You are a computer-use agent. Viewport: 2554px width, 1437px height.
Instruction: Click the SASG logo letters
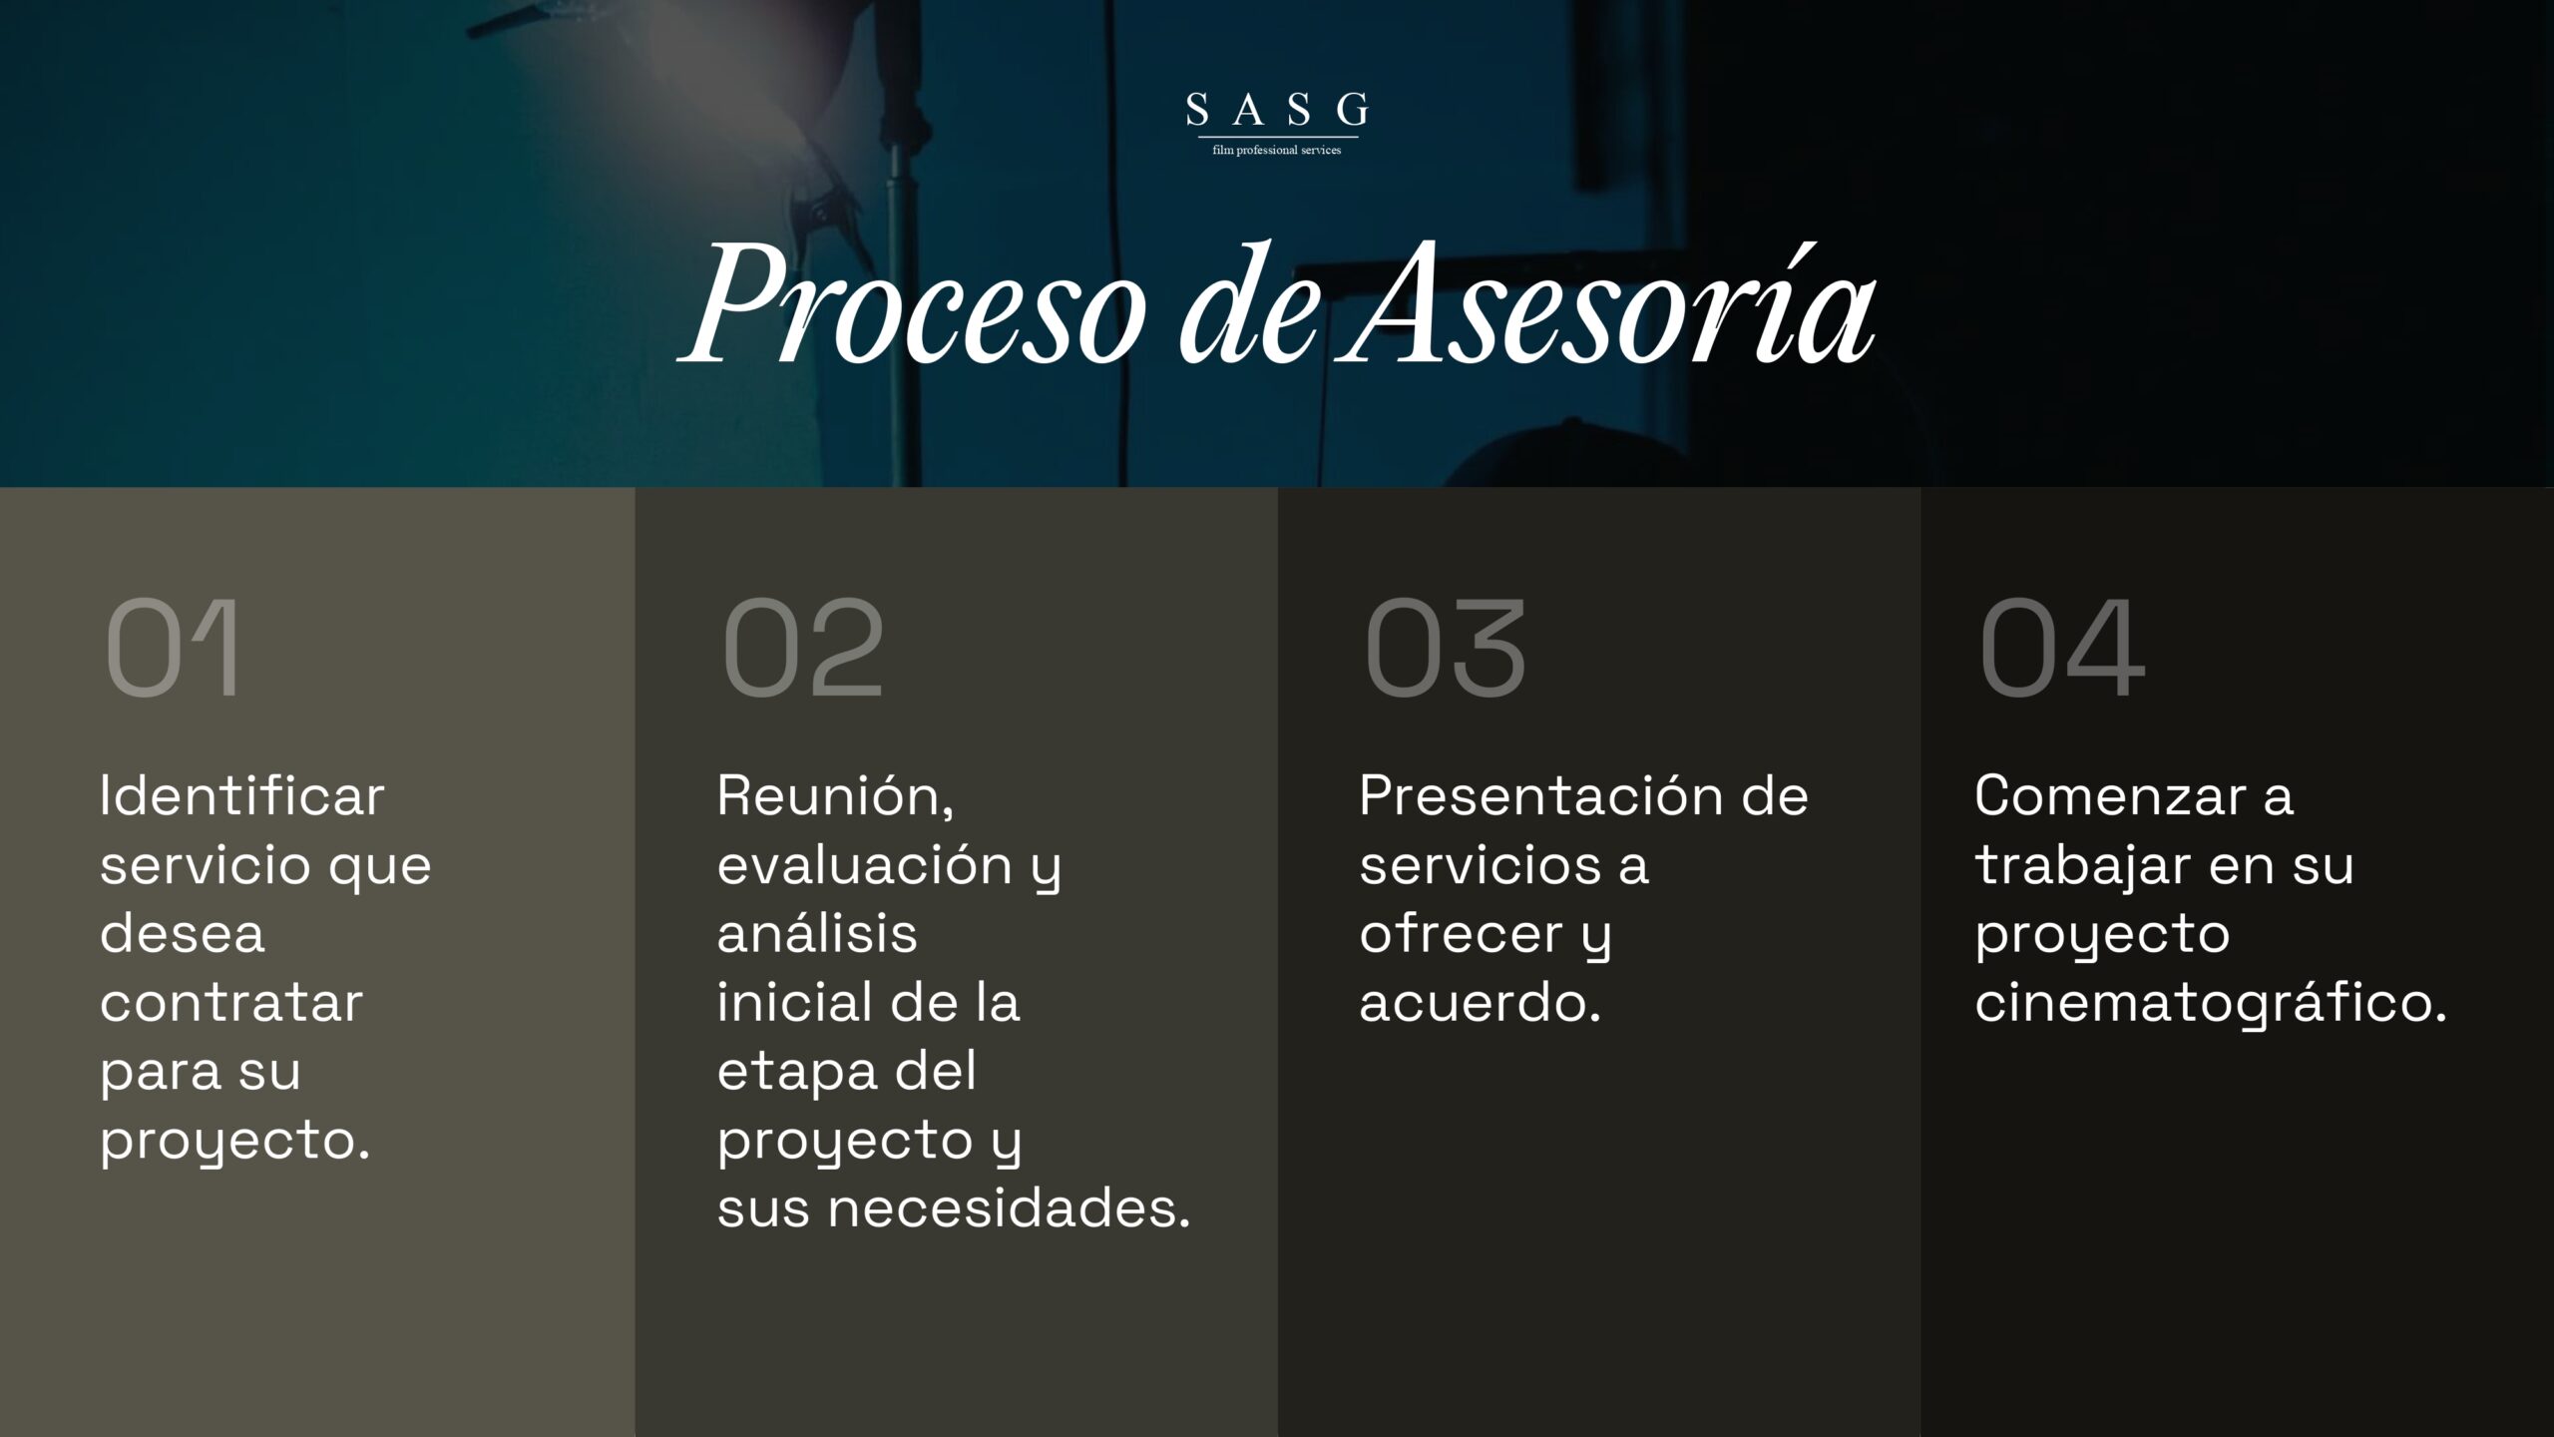1277,109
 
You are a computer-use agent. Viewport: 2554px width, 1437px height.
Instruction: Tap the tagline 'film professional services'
1277,150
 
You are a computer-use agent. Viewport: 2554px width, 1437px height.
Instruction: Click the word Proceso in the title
913,303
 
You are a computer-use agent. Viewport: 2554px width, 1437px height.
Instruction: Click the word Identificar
242,796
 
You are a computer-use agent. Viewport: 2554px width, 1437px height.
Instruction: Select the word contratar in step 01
231,1003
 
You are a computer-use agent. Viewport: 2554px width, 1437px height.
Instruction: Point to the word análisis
817,933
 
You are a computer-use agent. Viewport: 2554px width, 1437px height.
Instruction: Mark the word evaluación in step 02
865,865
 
